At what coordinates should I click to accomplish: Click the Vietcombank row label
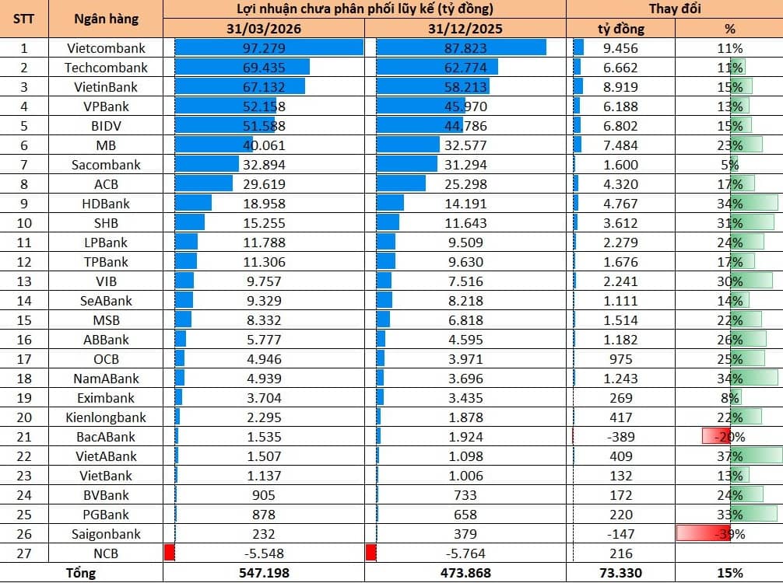click(106, 48)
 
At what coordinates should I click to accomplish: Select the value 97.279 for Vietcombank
click(264, 48)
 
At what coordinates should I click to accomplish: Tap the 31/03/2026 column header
click(264, 29)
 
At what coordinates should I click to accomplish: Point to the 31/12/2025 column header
click(465, 29)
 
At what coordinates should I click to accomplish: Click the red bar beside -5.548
click(170, 553)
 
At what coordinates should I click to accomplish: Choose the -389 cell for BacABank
click(620, 437)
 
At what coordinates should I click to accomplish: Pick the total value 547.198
click(264, 573)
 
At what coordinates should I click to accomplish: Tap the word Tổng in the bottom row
click(81, 573)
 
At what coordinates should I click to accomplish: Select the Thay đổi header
click(675, 9)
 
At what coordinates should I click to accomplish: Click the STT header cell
click(24, 19)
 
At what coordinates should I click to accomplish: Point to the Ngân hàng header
click(106, 19)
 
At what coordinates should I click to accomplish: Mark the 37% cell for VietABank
click(729, 456)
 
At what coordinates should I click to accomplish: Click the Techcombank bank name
click(106, 68)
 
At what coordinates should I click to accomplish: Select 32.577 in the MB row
click(465, 145)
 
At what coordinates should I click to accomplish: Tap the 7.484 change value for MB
click(620, 145)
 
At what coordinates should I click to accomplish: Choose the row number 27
click(24, 553)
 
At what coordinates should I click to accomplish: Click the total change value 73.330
click(620, 573)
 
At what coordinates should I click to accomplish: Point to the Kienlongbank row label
click(106, 417)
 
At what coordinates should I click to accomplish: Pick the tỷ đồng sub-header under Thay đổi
click(620, 29)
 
